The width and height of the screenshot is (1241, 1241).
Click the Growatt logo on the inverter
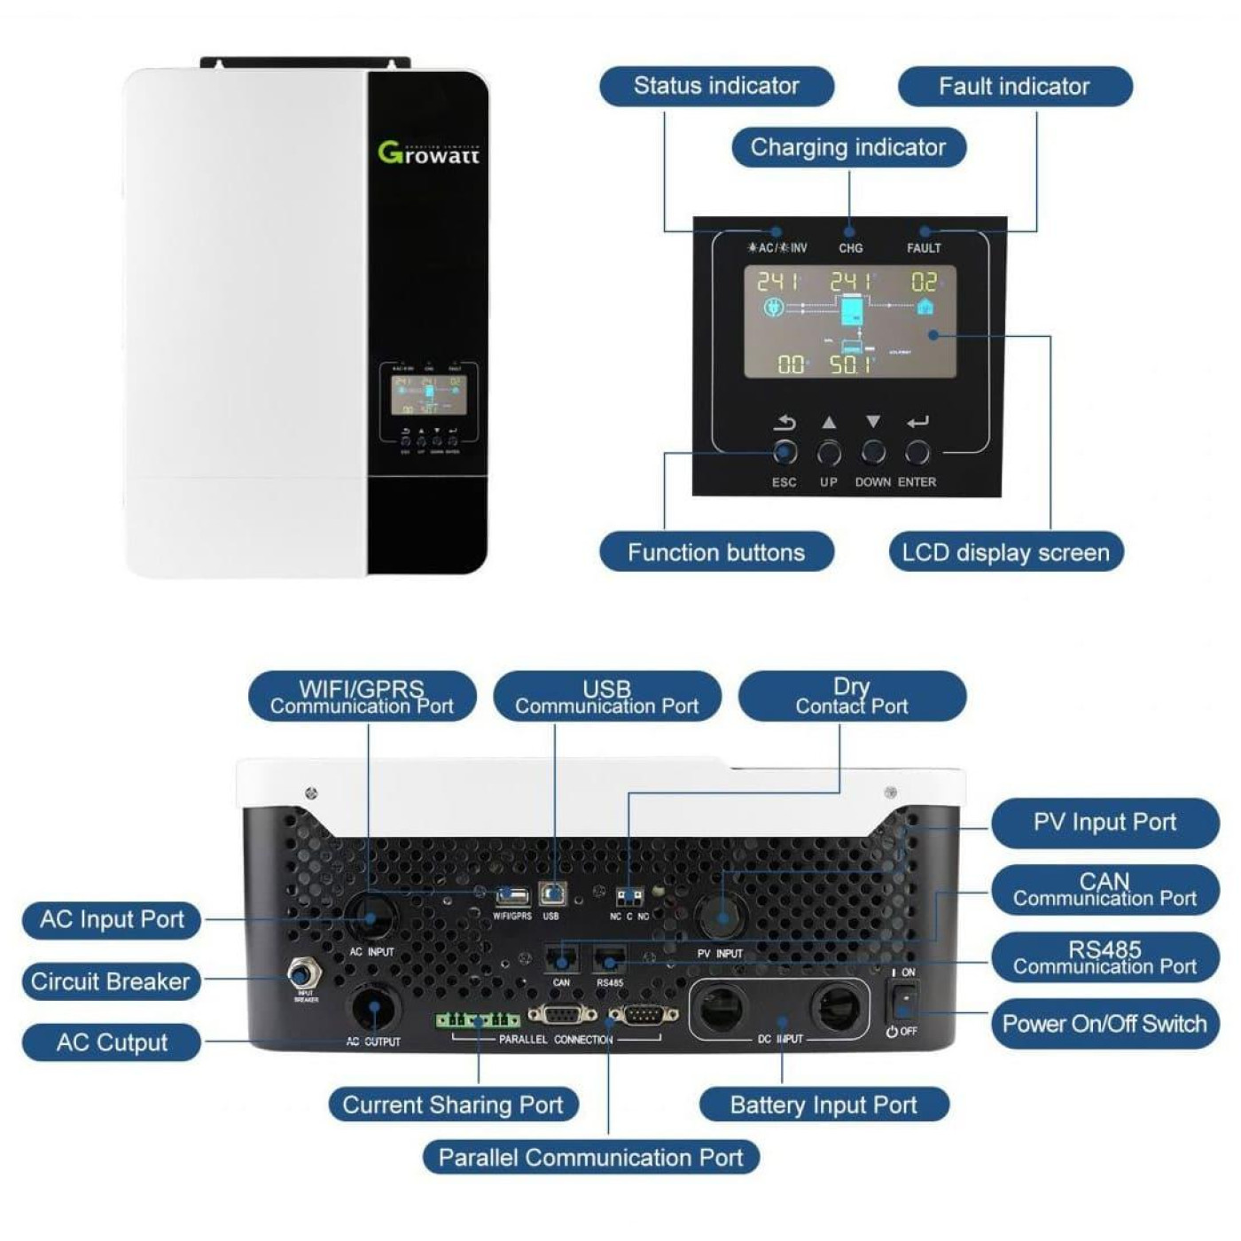(x=428, y=153)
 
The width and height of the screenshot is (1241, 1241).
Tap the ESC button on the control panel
(x=784, y=453)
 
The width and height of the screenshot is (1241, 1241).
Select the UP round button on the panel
(x=829, y=453)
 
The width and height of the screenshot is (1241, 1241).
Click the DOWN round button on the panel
(x=873, y=453)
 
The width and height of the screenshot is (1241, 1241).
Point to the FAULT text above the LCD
(x=924, y=248)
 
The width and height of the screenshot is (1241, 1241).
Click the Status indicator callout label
(x=716, y=86)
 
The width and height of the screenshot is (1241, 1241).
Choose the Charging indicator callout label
(x=848, y=147)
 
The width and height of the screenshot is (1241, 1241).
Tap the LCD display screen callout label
(x=1005, y=552)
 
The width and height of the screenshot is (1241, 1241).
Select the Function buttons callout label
(x=716, y=552)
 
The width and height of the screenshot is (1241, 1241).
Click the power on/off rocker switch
(x=903, y=1000)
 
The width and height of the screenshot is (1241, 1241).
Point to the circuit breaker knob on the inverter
(x=303, y=974)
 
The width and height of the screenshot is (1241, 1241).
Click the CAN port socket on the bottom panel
(x=561, y=961)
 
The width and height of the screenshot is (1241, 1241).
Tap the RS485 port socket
(x=610, y=961)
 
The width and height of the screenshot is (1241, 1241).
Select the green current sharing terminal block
(x=477, y=1020)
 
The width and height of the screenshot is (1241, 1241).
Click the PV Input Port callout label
(x=1104, y=823)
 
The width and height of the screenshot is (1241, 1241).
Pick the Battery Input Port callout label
(x=823, y=1104)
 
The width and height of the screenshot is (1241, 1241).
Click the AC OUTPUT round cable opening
(x=373, y=1010)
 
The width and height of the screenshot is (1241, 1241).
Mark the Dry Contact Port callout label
(x=851, y=696)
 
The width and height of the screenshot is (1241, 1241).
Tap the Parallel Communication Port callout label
(x=590, y=1157)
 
